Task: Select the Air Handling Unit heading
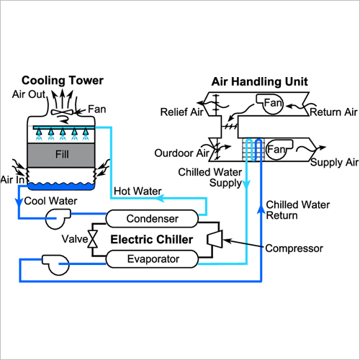[x=259, y=81]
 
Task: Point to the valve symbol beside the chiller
[x=91, y=238]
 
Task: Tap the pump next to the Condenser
[x=55, y=217]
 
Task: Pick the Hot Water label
[x=138, y=192]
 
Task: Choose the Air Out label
[x=28, y=94]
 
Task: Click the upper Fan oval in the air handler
[x=272, y=104]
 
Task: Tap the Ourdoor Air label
[x=179, y=153]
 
